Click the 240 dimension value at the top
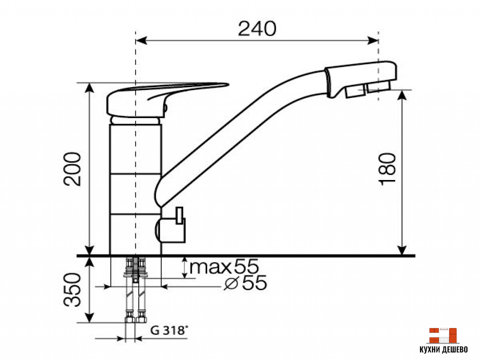coord(257,29)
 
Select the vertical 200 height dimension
coord(74,169)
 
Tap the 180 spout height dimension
coord(389,169)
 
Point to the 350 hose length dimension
coord(73,289)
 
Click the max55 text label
coord(224,267)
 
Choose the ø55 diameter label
coord(246,283)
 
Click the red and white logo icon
coord(442,335)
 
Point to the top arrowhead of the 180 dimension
coord(402,94)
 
